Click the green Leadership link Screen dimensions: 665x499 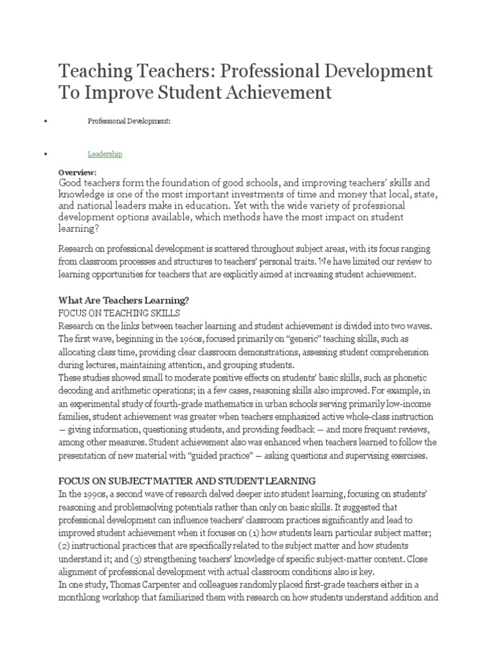pos(105,154)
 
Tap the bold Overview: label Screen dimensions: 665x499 pos(77,173)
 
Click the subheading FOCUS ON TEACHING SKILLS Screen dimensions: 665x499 pos(119,313)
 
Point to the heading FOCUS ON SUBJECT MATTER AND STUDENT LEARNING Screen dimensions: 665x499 pos(187,481)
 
